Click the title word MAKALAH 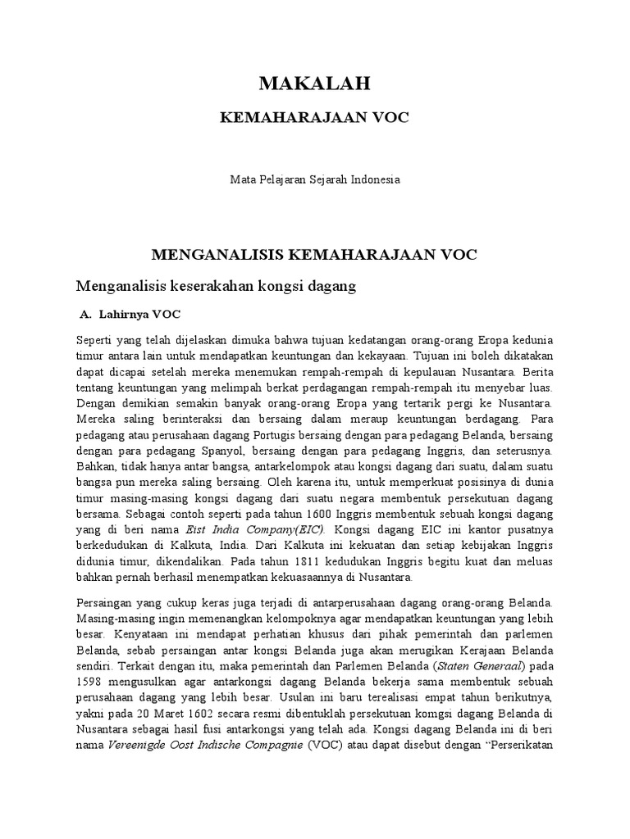[315, 83]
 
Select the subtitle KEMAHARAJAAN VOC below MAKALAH [315, 118]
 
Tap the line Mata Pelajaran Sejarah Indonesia [315, 179]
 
